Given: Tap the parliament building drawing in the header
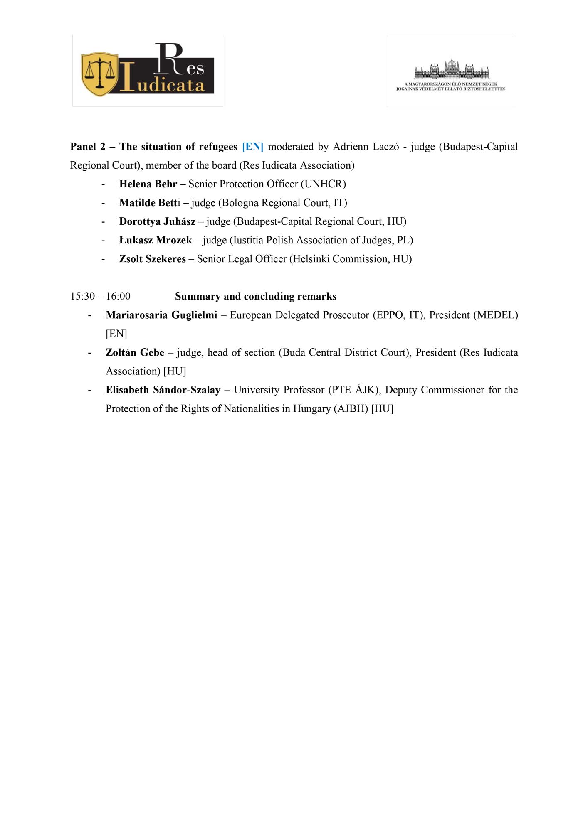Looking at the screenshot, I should pyautogui.click(x=452, y=69).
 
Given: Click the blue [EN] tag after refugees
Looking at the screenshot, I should pyautogui.click(x=252, y=147).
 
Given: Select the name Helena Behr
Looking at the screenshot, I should pyautogui.click(x=148, y=184).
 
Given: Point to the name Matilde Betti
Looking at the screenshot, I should pyautogui.click(x=150, y=203).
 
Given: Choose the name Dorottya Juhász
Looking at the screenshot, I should pyautogui.click(x=157, y=221).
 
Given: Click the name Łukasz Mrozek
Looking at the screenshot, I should pyautogui.click(x=156, y=240).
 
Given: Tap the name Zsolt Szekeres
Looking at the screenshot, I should pyautogui.click(x=152, y=259).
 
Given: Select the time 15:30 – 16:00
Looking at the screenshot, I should pyautogui.click(x=100, y=296).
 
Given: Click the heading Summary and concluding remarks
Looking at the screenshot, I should pyautogui.click(x=255, y=296).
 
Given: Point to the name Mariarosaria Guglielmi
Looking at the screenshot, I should pyautogui.click(x=161, y=315).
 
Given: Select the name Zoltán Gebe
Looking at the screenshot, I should pyautogui.click(x=135, y=352).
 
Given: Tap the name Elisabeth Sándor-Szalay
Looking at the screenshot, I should pyautogui.click(x=163, y=390).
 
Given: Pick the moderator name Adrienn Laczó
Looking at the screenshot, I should pyautogui.click(x=366, y=147).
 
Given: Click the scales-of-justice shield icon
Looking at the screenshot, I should pyautogui.click(x=99, y=74).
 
